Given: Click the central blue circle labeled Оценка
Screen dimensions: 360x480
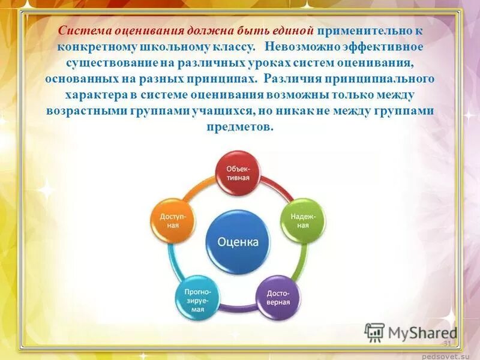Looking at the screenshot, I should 238,242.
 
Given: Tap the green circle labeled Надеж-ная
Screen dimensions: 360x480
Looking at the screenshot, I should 303,220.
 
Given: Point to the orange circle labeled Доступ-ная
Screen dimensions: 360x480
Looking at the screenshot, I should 173,220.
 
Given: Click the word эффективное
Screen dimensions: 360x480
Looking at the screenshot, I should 386,47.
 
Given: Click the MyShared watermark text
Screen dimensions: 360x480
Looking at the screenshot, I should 421,333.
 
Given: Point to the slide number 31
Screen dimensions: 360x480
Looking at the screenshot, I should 446,343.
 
